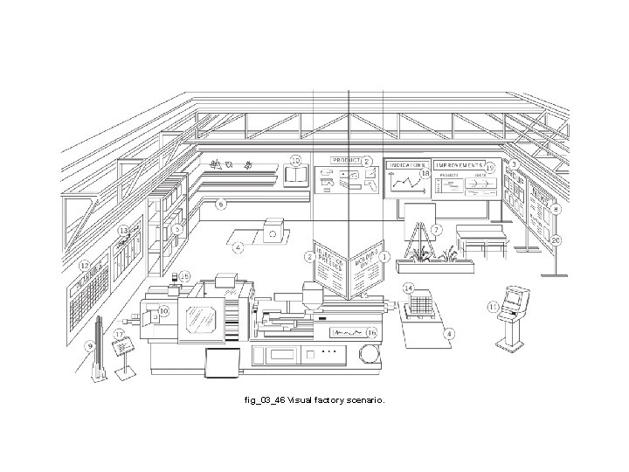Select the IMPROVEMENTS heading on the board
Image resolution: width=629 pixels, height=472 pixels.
pos(460,164)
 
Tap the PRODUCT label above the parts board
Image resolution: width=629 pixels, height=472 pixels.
pos(344,161)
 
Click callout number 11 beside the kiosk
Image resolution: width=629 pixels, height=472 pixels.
pos(494,307)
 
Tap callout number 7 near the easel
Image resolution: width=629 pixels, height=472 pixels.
pos(437,229)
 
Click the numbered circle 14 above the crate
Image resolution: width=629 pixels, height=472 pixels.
pos(407,288)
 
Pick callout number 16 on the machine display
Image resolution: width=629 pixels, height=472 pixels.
pos(371,332)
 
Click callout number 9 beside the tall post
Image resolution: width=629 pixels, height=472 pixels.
pos(89,346)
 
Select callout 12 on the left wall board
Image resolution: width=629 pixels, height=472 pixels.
pos(85,265)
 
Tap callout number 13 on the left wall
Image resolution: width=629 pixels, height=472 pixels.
pos(123,231)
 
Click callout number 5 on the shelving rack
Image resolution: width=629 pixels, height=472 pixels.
pos(177,230)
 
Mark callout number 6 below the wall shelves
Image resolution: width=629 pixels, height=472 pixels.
pos(221,204)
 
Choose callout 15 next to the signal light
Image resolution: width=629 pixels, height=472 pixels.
pos(184,275)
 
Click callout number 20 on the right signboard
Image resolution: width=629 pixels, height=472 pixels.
pos(556,240)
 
